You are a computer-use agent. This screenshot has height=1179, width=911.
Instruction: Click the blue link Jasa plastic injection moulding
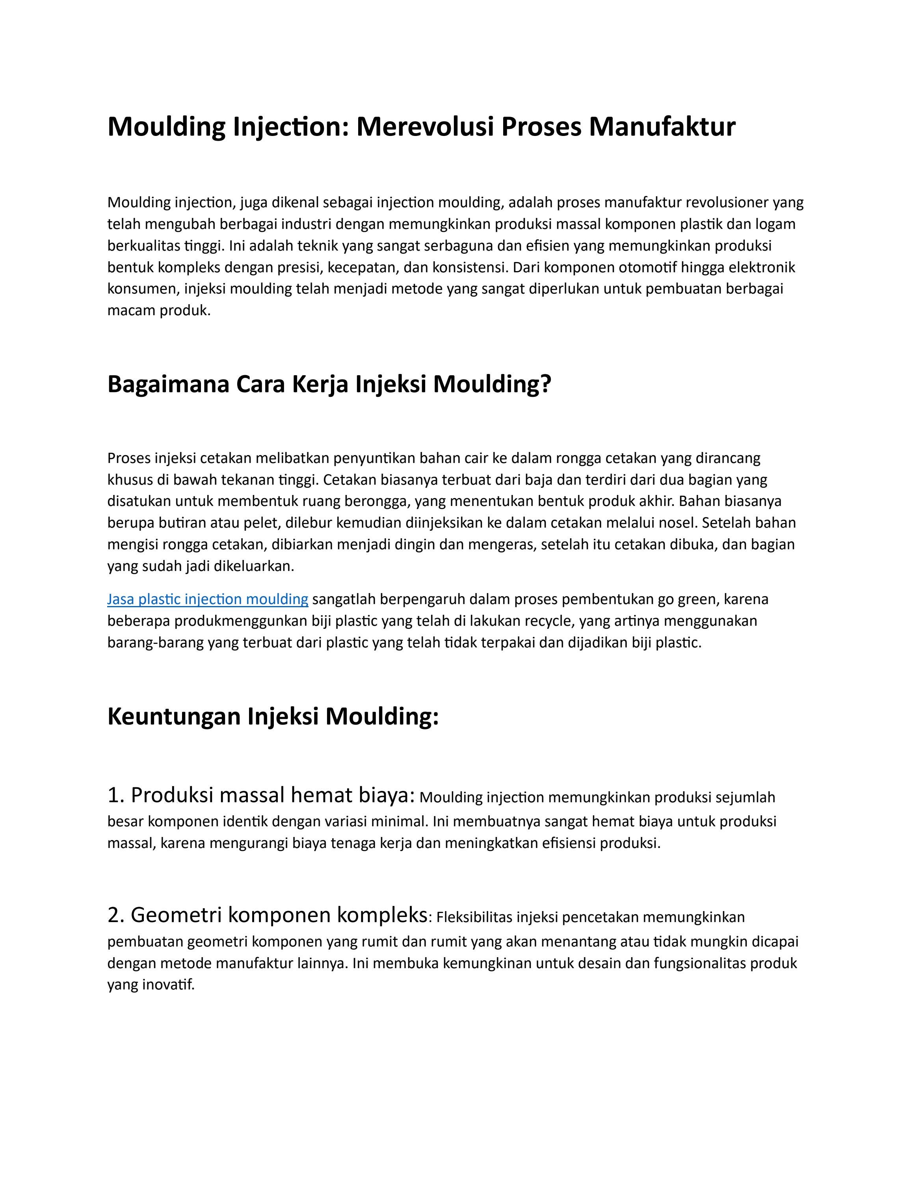(x=207, y=599)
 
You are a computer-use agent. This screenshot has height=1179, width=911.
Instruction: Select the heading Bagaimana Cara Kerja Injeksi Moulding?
(x=329, y=384)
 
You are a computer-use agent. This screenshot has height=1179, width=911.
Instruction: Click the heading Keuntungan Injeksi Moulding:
(x=273, y=716)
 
